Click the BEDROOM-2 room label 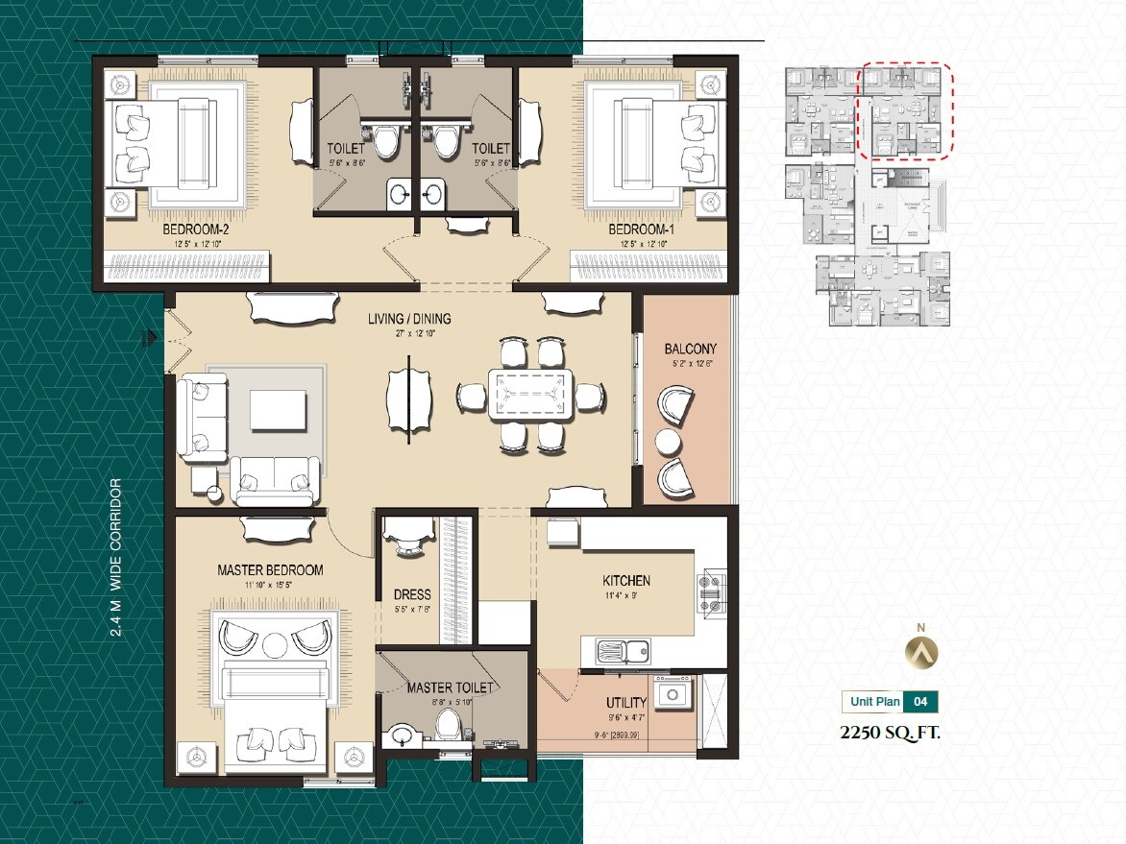click(195, 230)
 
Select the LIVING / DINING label click(409, 319)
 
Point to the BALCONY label click(690, 349)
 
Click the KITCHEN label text click(626, 580)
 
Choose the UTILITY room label click(626, 703)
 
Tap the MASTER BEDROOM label click(270, 569)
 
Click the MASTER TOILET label click(450, 687)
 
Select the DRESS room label click(412, 594)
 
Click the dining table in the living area click(530, 395)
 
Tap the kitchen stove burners click(712, 592)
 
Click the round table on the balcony click(668, 441)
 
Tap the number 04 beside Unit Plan click(920, 702)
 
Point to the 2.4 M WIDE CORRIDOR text click(116, 558)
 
